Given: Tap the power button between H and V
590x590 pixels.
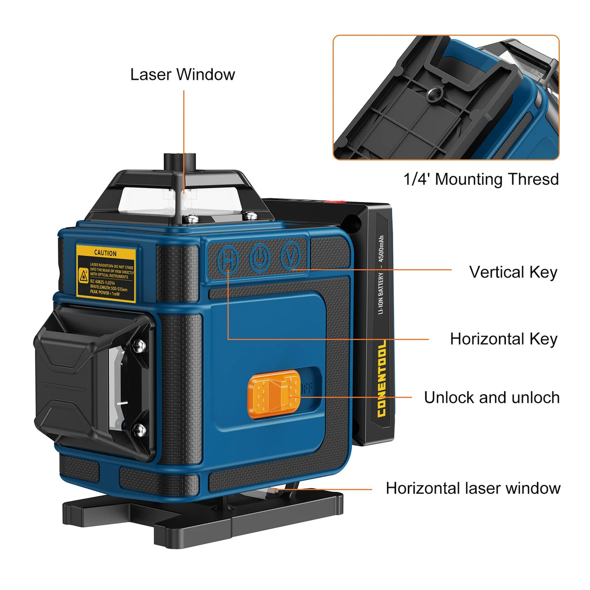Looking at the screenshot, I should point(260,257).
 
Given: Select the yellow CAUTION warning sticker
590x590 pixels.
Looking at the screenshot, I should point(105,273).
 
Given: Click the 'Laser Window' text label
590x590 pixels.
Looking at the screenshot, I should point(182,74).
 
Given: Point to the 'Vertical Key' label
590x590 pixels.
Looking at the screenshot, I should point(513,272).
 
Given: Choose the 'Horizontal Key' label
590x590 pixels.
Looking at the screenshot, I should point(503,339).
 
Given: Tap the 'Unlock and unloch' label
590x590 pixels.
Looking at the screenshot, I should point(491,398).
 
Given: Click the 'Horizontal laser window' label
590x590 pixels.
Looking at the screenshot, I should point(473,488).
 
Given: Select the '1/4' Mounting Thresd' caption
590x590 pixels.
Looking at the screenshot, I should point(481,179).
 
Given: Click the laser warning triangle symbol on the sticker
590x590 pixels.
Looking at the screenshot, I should point(84,276).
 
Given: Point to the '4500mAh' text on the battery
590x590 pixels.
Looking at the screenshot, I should point(381,248).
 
